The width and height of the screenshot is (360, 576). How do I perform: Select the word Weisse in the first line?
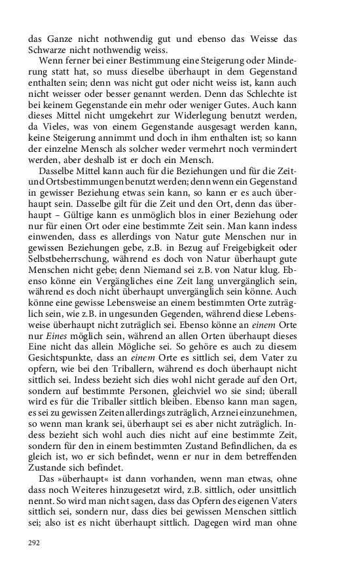click(264, 39)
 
